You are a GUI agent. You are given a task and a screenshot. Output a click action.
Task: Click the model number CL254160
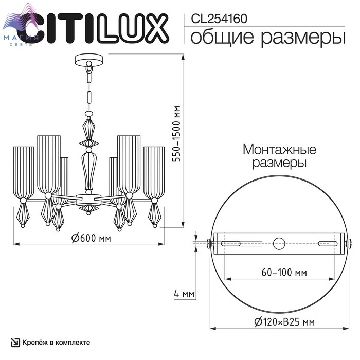(x=219, y=19)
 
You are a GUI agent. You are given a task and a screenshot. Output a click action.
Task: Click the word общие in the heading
(x=222, y=37)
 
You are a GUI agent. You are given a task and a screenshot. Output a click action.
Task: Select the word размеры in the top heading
(x=303, y=38)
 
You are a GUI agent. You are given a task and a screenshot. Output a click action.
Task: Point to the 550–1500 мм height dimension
(x=177, y=134)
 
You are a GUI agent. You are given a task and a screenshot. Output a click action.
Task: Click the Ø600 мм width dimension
(x=91, y=238)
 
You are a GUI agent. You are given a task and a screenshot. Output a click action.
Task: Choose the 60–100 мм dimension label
(x=284, y=272)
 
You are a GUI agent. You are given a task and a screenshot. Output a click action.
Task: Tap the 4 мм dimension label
(x=184, y=294)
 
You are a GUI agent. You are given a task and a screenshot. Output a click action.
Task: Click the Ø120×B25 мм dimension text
(x=284, y=322)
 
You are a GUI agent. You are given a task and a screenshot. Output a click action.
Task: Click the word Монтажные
(x=279, y=150)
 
